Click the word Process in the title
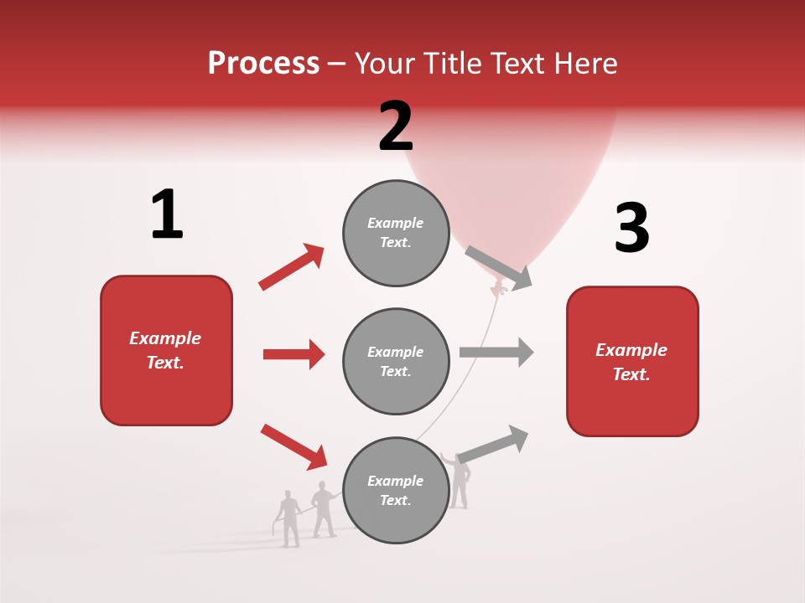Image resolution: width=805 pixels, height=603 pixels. pyautogui.click(x=263, y=64)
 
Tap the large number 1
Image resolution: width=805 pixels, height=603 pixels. pyautogui.click(x=167, y=214)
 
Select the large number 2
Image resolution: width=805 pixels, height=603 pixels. pyautogui.click(x=396, y=126)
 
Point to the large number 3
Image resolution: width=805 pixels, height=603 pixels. pyautogui.click(x=631, y=229)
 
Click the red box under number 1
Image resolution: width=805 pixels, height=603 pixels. pyautogui.click(x=166, y=350)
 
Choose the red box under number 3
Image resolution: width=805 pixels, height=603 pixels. pyautogui.click(x=632, y=361)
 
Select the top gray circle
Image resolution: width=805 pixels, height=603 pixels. pyautogui.click(x=396, y=233)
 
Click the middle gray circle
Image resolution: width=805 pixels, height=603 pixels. pyautogui.click(x=396, y=361)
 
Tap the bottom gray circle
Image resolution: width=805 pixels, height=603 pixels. pyautogui.click(x=396, y=490)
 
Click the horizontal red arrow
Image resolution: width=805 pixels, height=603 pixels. pyautogui.click(x=293, y=354)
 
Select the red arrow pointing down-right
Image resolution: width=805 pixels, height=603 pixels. pyautogui.click(x=293, y=446)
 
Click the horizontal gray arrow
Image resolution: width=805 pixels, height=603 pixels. pyautogui.click(x=496, y=352)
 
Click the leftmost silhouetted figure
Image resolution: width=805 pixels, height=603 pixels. pyautogui.click(x=289, y=519)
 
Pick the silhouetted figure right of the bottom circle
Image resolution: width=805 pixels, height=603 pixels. pyautogui.click(x=458, y=482)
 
